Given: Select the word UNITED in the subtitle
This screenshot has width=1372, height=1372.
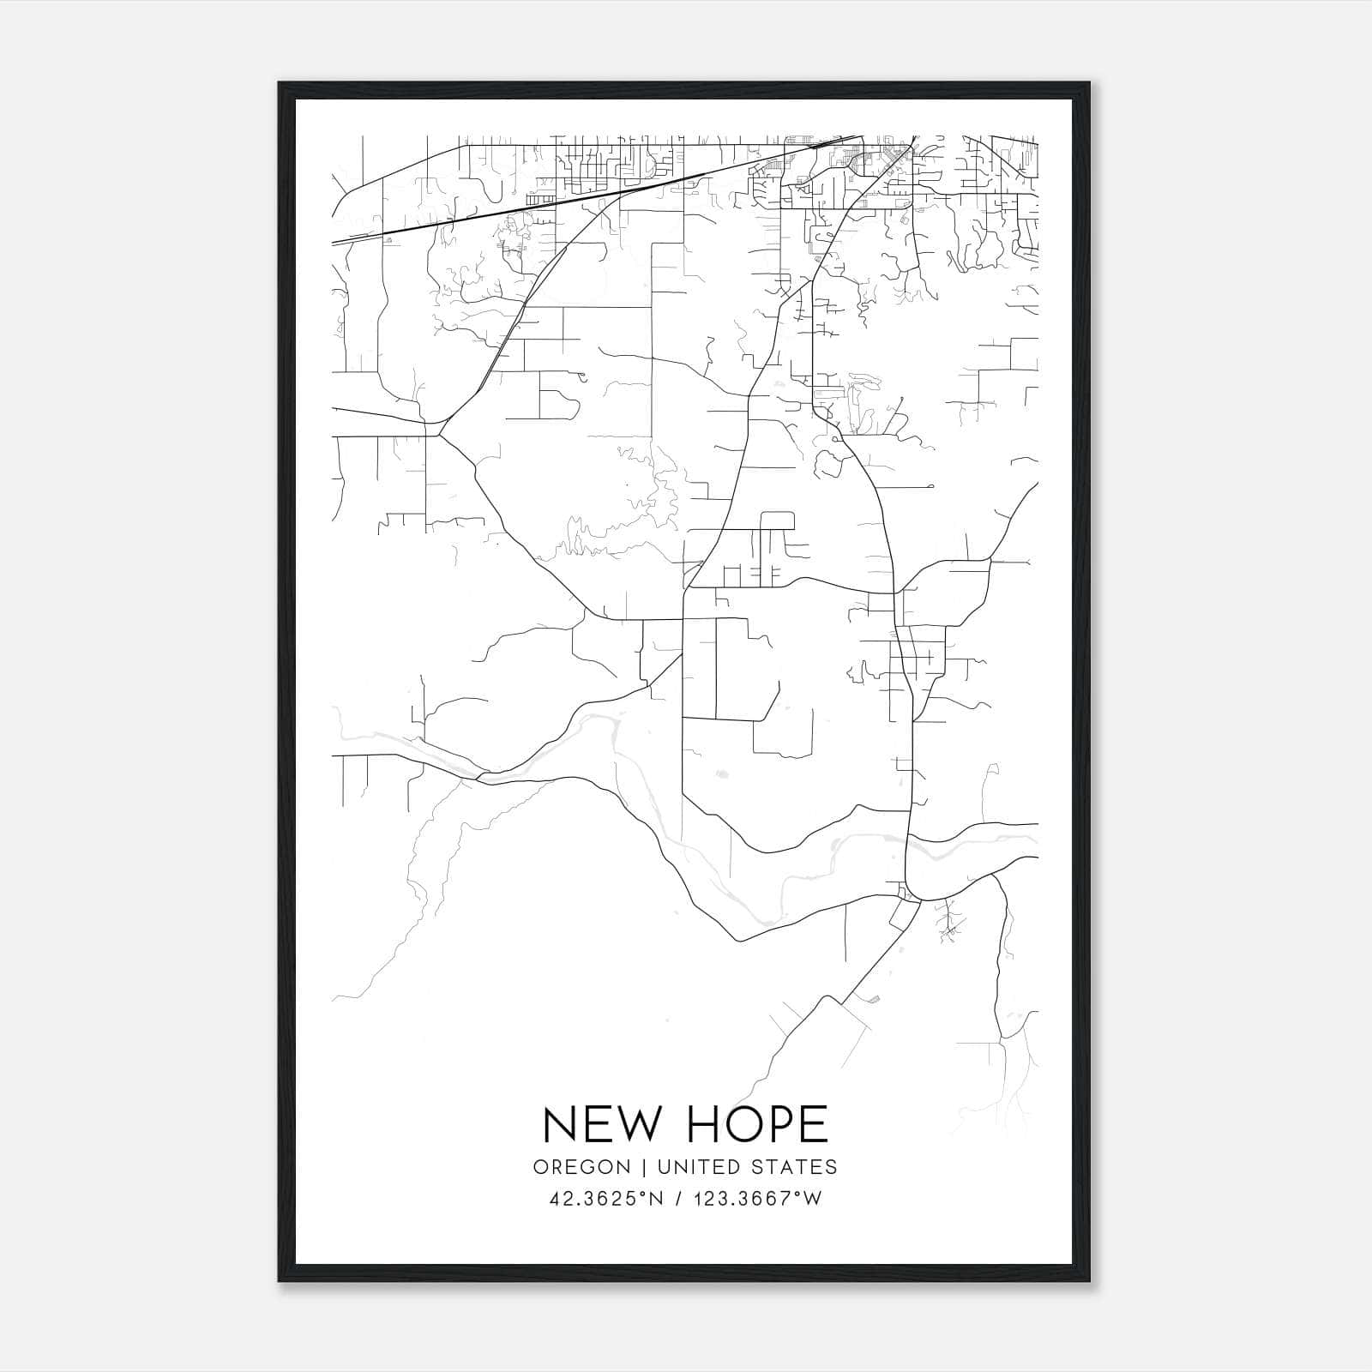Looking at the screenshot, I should click(698, 1167).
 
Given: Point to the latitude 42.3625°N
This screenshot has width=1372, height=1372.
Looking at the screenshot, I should click(607, 1199).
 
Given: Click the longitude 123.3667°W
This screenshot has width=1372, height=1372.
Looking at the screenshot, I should click(757, 1199).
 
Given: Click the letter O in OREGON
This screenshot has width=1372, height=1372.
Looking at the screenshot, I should click(540, 1167).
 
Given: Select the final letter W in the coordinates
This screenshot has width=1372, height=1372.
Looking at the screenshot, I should click(813, 1199).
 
